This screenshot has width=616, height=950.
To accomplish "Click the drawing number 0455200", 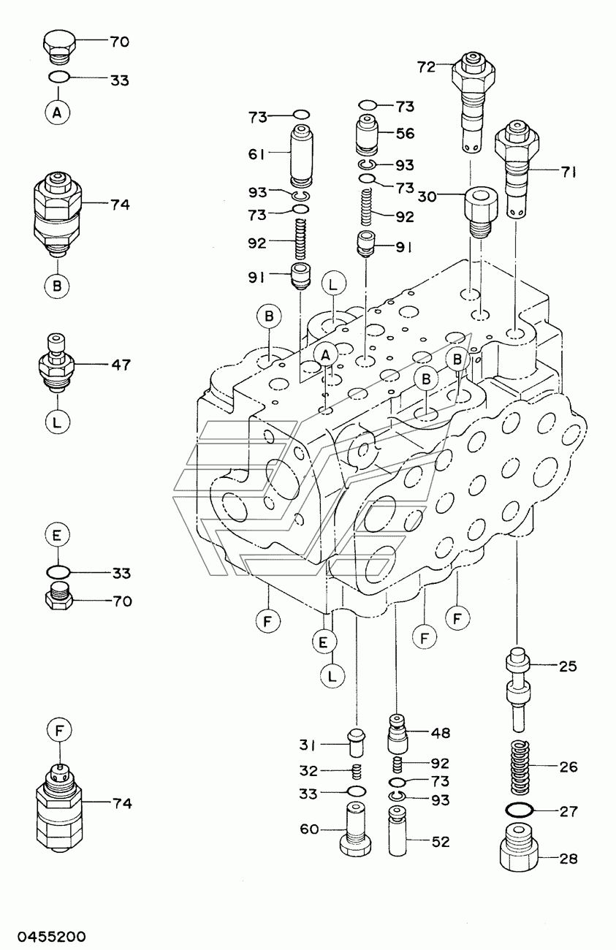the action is tap(52, 936).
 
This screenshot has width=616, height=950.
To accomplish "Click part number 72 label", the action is tap(427, 67).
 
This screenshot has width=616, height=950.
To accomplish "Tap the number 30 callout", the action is tap(427, 197).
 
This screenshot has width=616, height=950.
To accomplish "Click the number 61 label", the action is tap(256, 154).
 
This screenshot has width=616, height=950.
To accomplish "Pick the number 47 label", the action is tap(121, 365).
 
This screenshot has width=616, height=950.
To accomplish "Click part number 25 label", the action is tap(568, 666).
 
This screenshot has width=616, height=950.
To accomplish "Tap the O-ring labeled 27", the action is tap(519, 810).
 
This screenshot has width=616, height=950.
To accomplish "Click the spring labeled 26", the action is tap(519, 767).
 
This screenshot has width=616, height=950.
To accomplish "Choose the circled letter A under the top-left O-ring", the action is tap(57, 113).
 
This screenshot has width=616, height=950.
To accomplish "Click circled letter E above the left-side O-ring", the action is tap(57, 536).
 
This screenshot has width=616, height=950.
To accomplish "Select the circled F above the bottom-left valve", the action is tap(59, 730).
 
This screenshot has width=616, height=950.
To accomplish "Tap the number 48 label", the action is tap(441, 732).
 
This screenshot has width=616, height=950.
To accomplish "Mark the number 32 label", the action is tap(308, 771).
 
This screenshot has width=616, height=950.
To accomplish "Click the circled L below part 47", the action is tap(57, 421).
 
